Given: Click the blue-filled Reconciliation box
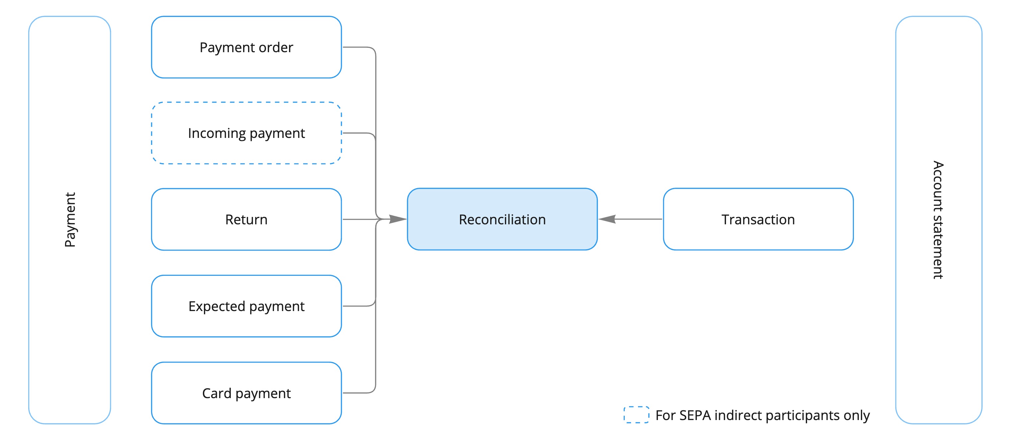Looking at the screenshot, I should (502, 219).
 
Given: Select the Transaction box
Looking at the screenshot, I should (758, 219).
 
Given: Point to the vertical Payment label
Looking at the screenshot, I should (70, 220).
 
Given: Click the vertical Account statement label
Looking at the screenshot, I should (938, 220).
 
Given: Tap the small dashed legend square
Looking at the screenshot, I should (636, 415).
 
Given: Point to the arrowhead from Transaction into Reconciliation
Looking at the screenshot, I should (607, 219).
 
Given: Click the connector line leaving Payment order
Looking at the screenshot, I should (359, 48).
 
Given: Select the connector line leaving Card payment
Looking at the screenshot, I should (359, 393).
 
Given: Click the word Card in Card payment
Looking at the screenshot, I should (217, 393).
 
